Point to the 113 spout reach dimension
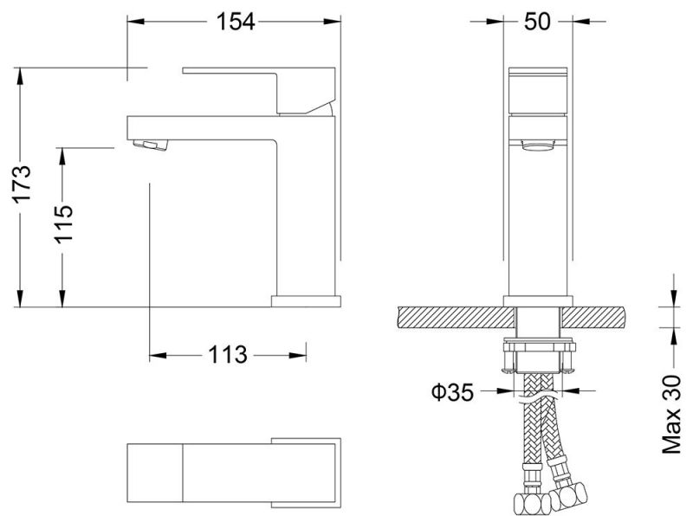(227, 354)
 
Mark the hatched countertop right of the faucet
(598, 317)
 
